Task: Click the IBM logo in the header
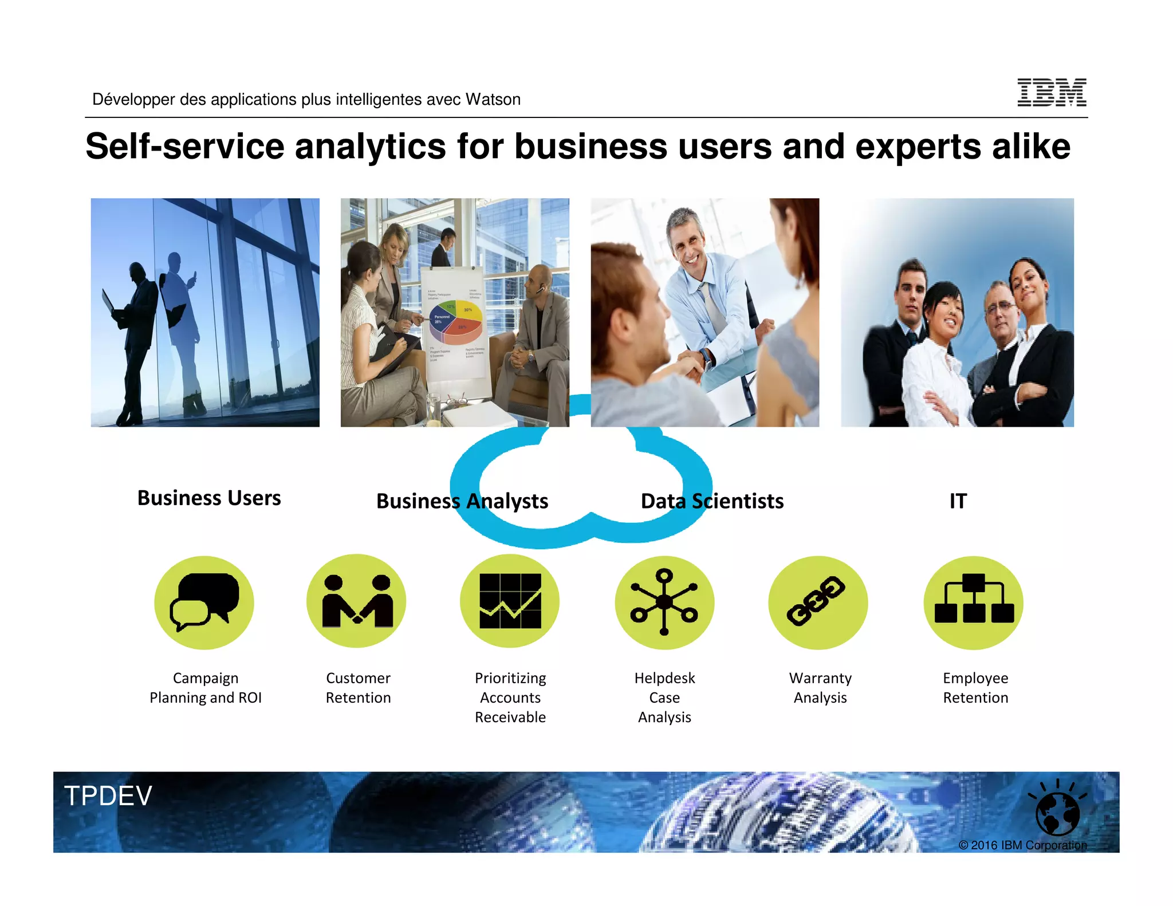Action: coord(1052,92)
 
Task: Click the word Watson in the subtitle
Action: coord(493,100)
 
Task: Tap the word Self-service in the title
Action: coord(184,147)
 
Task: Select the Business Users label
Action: coord(209,498)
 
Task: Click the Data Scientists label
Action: coord(712,501)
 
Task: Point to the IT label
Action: coord(958,501)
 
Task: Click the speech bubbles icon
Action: coord(204,602)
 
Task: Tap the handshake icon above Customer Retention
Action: coord(356,601)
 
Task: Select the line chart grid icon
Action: coord(510,601)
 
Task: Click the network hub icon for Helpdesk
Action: coord(664,602)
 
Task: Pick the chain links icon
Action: coord(817,601)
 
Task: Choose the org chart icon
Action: coord(973,601)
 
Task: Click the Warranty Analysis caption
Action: coord(820,688)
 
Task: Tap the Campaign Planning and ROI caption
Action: coord(205,688)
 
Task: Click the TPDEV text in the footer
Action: coord(108,796)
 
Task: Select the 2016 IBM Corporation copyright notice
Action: coord(1022,845)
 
